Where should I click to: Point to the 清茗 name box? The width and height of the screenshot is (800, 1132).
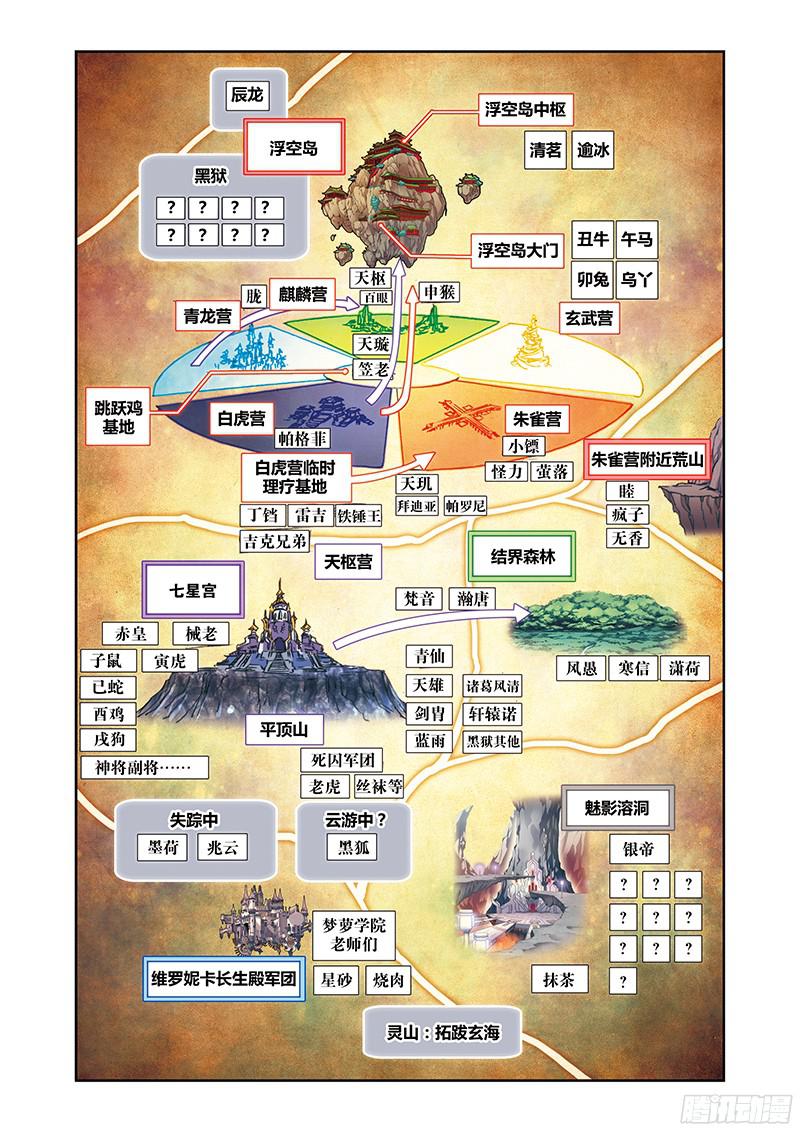546,151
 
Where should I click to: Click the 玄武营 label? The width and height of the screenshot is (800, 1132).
589,319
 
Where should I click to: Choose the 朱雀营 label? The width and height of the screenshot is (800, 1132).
536,417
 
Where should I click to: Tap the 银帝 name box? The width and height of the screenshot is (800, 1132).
638,849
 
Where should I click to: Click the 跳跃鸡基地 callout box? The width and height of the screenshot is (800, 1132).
116,417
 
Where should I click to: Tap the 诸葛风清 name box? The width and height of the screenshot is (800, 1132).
494,686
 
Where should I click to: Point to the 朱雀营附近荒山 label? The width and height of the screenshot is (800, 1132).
648,460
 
